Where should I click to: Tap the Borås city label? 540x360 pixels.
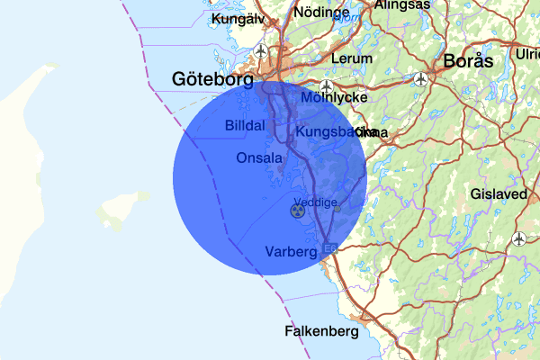(469, 62)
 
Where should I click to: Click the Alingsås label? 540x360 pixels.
(402, 4)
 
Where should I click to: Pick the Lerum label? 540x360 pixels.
(351, 58)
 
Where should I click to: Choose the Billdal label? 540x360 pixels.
(245, 126)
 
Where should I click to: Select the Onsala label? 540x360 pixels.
(259, 158)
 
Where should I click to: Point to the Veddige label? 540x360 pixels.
(315, 202)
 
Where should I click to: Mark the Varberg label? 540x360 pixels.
(292, 251)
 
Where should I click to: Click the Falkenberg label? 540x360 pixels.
(321, 330)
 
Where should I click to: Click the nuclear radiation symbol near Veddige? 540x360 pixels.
(297, 211)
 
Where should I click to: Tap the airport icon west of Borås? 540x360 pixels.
(422, 78)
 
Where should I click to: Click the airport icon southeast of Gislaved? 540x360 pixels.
(519, 238)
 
